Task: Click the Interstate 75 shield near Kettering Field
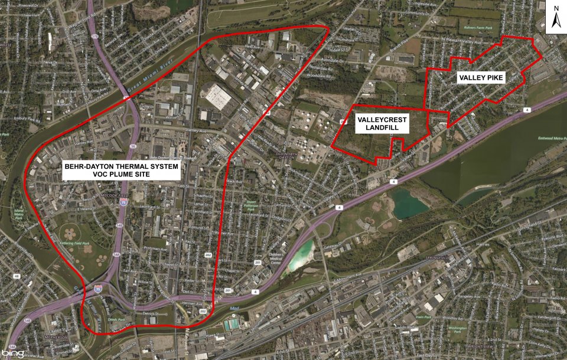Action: pyautogui.click(x=123, y=202)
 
